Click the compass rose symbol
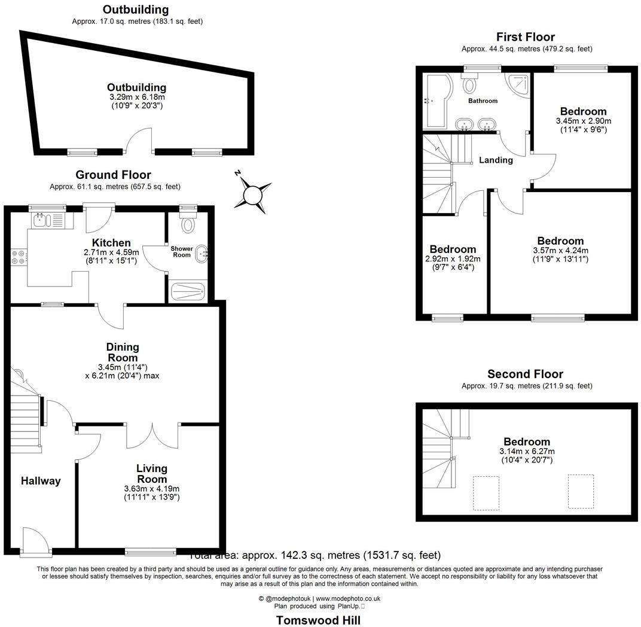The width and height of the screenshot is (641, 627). click(252, 194)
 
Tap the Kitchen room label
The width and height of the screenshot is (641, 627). click(111, 243)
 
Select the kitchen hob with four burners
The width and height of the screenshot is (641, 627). click(19, 257)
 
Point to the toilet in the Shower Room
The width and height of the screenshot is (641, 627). click(189, 224)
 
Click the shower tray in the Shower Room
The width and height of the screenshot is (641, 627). click(188, 292)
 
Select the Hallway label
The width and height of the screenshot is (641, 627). click(41, 480)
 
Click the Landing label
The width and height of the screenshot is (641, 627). click(496, 160)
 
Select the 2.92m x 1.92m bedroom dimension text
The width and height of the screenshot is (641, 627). click(453, 259)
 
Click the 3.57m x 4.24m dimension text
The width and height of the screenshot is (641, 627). click(560, 251)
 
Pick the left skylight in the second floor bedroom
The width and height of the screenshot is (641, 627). click(486, 493)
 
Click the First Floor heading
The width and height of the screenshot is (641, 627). click(526, 37)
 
